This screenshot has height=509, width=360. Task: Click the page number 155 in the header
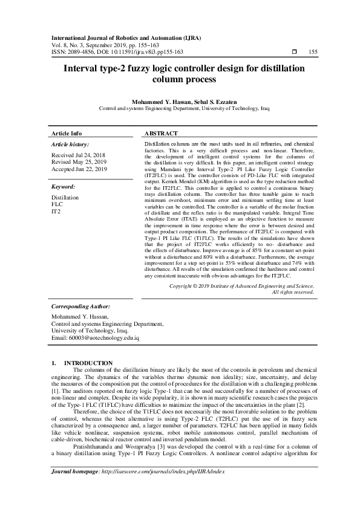coord(313,53)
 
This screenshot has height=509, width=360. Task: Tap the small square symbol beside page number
coord(294,53)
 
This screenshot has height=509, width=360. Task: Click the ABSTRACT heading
coord(162,133)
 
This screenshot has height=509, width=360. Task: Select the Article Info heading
coord(67,133)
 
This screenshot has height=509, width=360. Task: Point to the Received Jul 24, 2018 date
coord(79,155)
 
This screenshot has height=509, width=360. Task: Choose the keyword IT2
coord(56,212)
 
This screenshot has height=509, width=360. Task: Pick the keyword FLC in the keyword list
coord(57,205)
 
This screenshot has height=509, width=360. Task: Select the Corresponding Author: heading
coord(81,306)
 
